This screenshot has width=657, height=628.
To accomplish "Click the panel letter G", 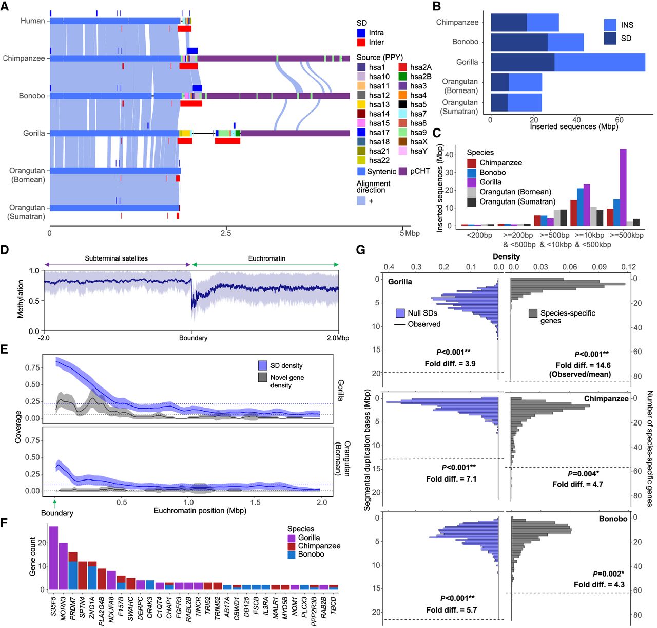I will point(360,250).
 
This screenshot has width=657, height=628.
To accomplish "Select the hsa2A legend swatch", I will point(403,67).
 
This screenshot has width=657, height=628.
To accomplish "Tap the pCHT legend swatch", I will point(403,171).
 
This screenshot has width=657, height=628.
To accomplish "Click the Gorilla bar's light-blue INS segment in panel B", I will point(600,62).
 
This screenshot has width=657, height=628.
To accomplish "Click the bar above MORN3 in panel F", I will point(63,566).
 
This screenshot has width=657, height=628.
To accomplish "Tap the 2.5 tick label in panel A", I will point(226,233).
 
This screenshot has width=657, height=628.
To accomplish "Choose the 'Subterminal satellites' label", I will point(116,258).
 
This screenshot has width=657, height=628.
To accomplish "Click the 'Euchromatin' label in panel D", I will point(267,258).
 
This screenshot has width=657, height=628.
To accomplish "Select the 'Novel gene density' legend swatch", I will point(263,378).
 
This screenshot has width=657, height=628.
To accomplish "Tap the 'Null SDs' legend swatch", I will point(400,313).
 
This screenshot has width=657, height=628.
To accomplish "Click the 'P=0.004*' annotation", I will point(583,474).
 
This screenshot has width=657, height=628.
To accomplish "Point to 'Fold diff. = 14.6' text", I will point(583,365).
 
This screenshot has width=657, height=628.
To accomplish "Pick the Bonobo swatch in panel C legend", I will point(472,173).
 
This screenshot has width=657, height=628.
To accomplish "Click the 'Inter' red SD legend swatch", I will point(361,42).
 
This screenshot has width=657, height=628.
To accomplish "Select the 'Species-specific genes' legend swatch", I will point(533,313).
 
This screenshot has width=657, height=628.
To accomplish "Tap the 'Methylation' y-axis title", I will point(21,299).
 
